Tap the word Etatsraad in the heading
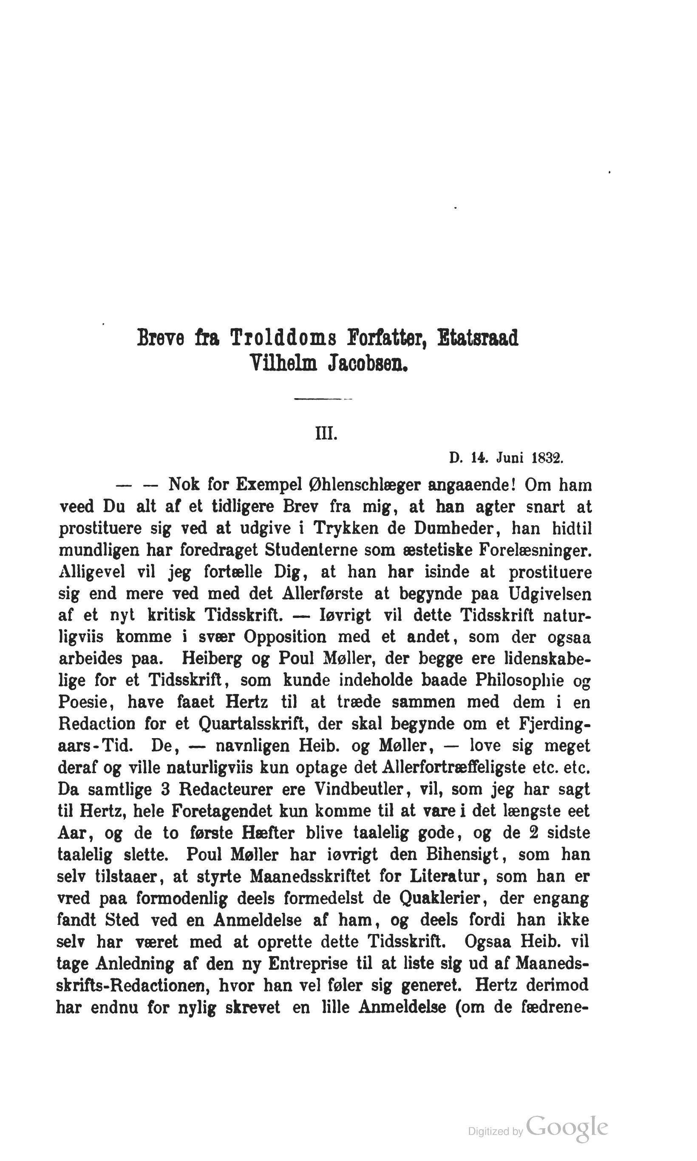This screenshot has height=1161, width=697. [478, 338]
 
